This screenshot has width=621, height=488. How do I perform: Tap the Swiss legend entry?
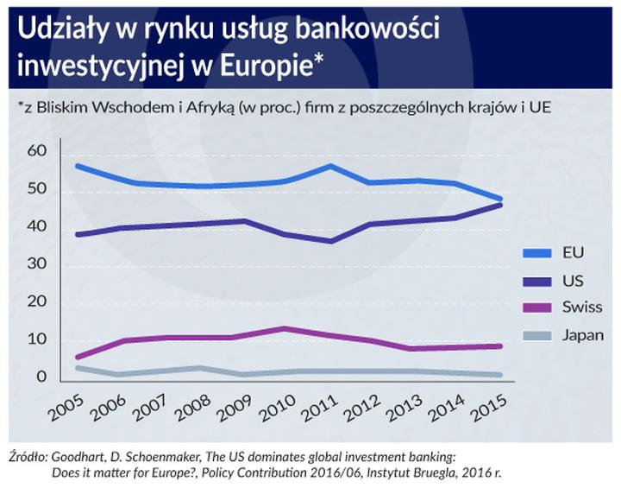(x=582, y=307)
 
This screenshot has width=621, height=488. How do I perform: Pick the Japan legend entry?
(x=584, y=335)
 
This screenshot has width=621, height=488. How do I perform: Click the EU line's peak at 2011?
(x=329, y=166)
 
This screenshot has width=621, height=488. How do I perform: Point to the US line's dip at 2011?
(x=329, y=241)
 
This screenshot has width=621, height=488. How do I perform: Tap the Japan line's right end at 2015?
(x=501, y=375)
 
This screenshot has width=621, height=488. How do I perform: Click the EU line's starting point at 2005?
(x=78, y=166)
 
